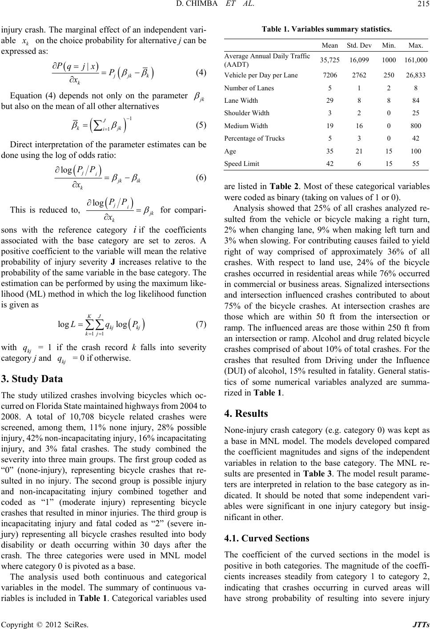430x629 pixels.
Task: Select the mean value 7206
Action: coord(332,75)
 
